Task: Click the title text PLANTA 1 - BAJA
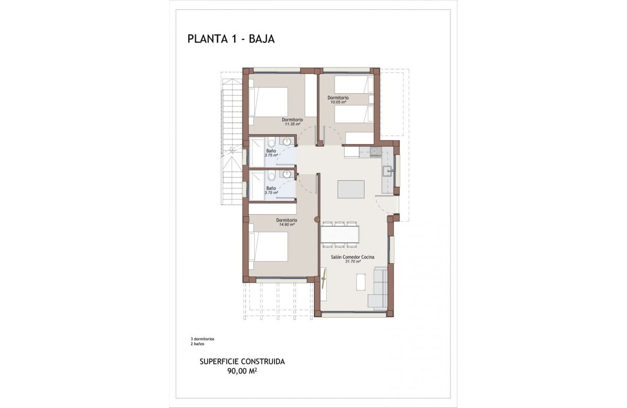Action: (231, 39)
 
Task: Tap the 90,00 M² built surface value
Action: (242, 372)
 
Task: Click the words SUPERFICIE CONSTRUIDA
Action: (242, 362)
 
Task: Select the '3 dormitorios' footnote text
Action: (203, 339)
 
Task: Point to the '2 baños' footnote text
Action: (198, 343)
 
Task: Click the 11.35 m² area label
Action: (292, 124)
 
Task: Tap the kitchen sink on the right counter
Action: (387, 171)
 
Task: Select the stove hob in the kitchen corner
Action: (375, 151)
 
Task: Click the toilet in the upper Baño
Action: (271, 142)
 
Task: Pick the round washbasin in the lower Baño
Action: (287, 173)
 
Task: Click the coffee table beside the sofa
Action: (361, 282)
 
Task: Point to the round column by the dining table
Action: (317, 219)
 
